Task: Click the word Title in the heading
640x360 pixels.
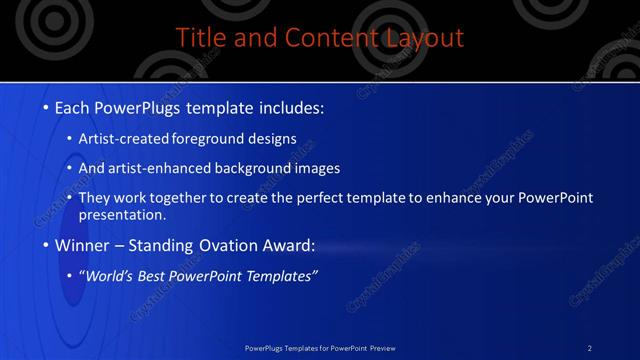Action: pos(199,38)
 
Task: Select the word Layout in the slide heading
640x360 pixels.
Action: pos(425,38)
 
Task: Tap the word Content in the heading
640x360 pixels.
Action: pos(321,38)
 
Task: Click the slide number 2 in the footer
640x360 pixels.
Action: pos(590,347)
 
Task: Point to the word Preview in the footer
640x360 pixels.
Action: pos(382,347)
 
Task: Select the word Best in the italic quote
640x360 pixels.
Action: pos(156,276)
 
